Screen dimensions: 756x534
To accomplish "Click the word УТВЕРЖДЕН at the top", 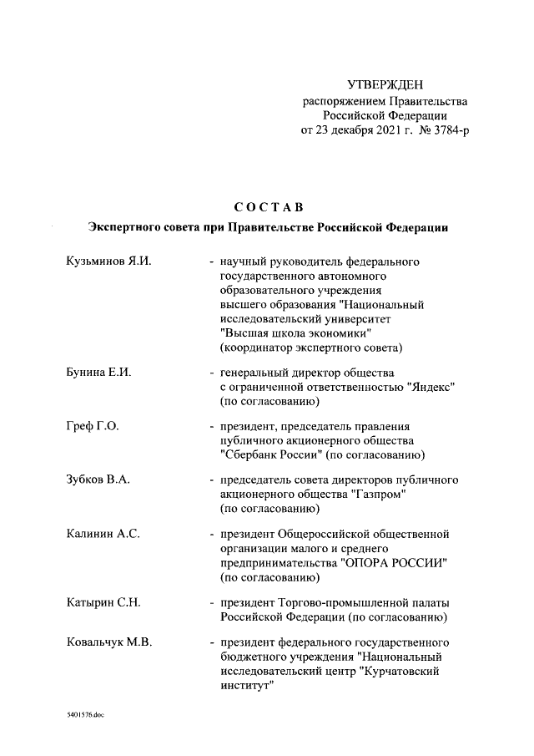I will (385, 85).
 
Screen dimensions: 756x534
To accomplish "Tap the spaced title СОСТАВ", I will (269, 206).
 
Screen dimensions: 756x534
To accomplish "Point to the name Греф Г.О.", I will (92, 426).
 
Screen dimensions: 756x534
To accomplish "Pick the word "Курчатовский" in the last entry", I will (399, 670).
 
